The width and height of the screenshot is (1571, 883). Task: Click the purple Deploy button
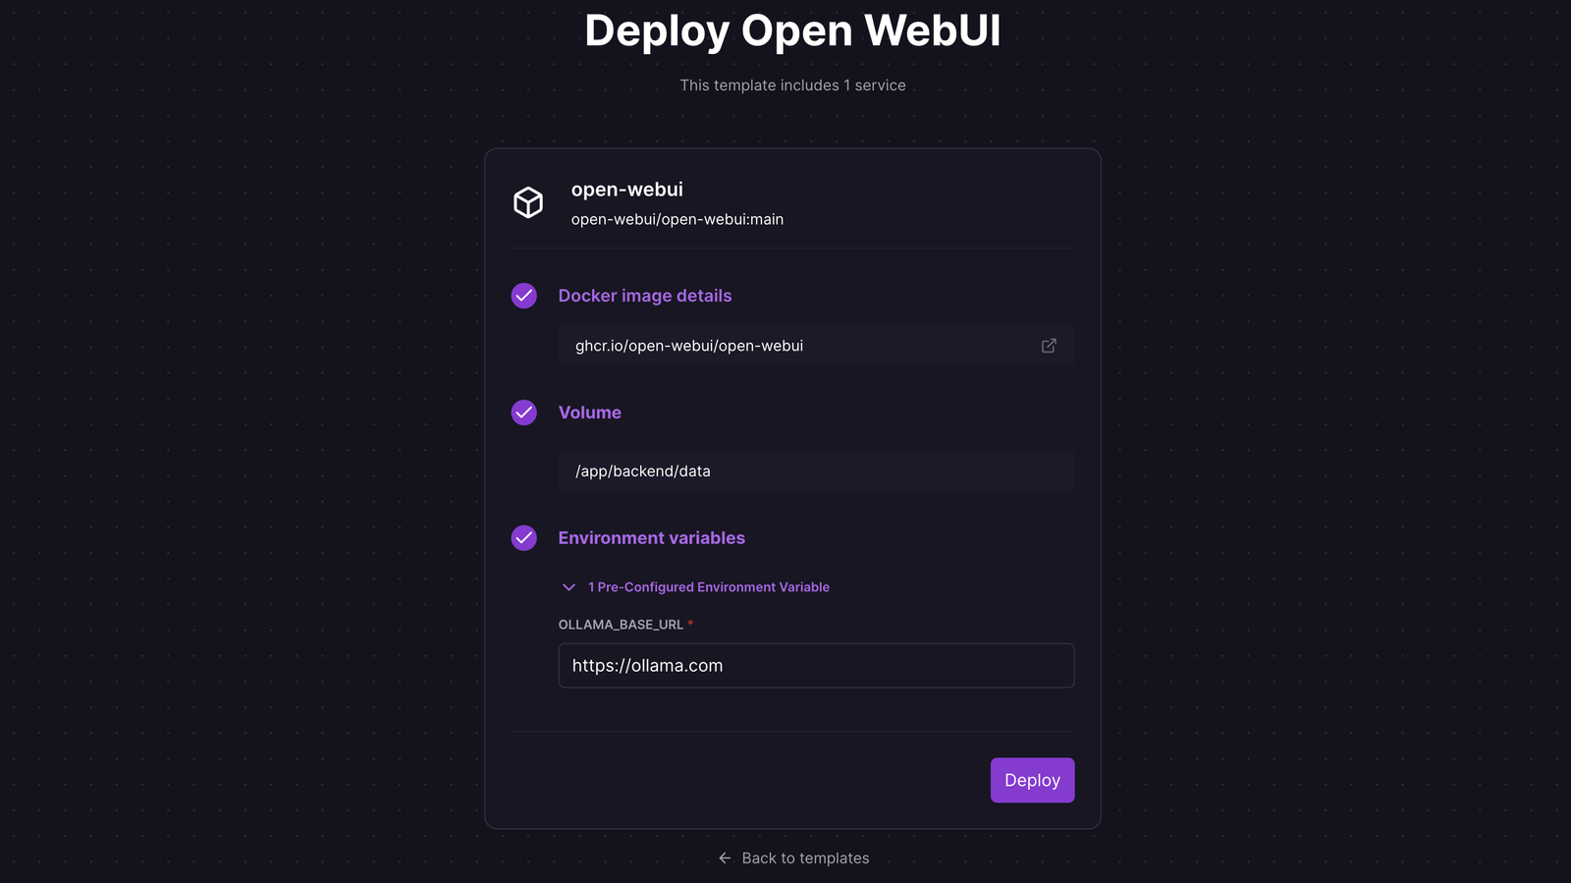point(1032,780)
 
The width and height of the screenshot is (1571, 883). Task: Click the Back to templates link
point(805,858)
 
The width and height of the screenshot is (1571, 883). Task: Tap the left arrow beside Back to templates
point(726,858)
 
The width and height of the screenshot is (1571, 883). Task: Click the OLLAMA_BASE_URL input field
point(816,666)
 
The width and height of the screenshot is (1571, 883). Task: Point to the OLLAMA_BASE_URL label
point(621,625)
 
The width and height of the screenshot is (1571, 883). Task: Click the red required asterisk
point(691,624)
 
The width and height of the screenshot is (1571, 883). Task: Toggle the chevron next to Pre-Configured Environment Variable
point(569,587)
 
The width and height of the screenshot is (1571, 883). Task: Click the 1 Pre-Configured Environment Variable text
point(709,587)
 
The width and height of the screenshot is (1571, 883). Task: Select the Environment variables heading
point(651,538)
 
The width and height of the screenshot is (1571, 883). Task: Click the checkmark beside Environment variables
point(524,538)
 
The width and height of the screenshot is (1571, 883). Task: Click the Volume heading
point(589,413)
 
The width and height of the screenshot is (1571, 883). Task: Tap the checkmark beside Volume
point(524,413)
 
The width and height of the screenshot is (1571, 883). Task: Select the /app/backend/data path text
point(643,471)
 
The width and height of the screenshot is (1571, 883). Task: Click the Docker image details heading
point(644,296)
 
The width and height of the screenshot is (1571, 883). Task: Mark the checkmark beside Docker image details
point(524,296)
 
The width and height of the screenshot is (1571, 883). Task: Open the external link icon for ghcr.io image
point(1049,346)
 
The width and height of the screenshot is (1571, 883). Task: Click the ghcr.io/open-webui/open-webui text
point(688,346)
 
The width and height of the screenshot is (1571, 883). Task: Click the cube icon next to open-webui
point(528,202)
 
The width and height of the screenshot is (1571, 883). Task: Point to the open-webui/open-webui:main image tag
point(677,219)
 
